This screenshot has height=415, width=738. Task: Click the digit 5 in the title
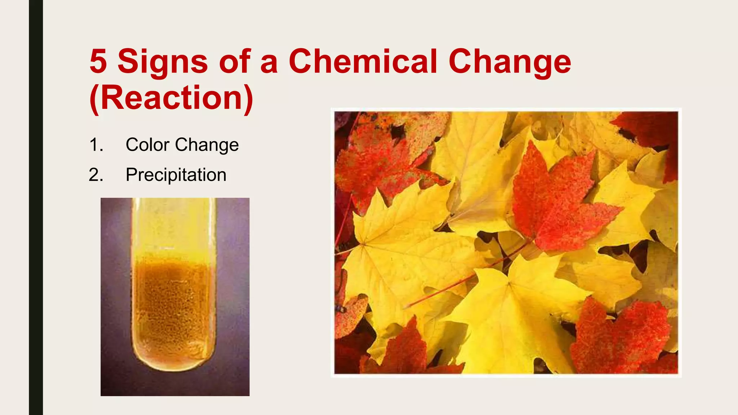pyautogui.click(x=98, y=61)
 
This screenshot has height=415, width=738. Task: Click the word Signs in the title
pyautogui.click(x=163, y=62)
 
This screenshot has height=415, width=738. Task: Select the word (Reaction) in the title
pyautogui.click(x=172, y=98)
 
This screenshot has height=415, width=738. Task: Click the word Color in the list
pyautogui.click(x=147, y=145)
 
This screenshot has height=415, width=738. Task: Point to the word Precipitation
pyautogui.click(x=176, y=175)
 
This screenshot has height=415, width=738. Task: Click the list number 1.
pyautogui.click(x=96, y=145)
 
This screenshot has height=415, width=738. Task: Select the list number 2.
pyautogui.click(x=96, y=175)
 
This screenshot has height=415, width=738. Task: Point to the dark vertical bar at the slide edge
pyautogui.click(x=36, y=207)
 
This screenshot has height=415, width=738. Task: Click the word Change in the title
pyautogui.click(x=510, y=62)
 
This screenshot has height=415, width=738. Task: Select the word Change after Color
pyautogui.click(x=207, y=145)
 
